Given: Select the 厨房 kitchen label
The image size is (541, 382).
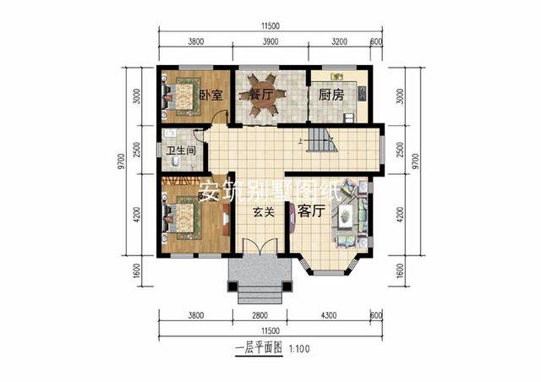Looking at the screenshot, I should [331, 95].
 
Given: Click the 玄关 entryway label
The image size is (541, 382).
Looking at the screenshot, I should [263, 213].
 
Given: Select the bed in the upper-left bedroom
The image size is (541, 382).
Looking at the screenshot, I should [182, 96].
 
